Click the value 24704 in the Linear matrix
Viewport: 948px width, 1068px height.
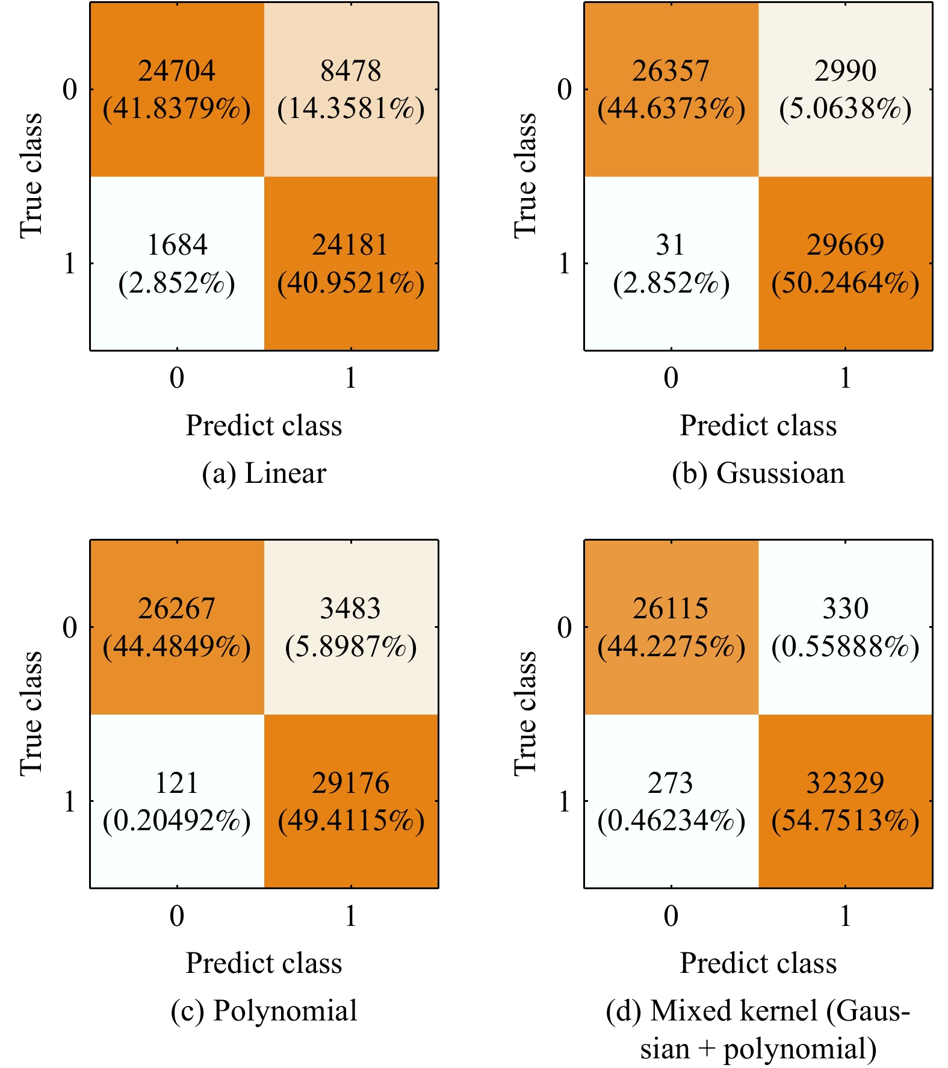pyautogui.click(x=176, y=71)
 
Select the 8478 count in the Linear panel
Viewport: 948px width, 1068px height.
pyautogui.click(x=350, y=71)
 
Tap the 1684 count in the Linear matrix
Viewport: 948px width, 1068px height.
pyautogui.click(x=177, y=245)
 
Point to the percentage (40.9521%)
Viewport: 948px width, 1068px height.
pyautogui.click(x=351, y=283)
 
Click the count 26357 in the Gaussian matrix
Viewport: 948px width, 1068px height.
pyautogui.click(x=671, y=71)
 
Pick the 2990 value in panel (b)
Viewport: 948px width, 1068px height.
pyautogui.click(x=845, y=71)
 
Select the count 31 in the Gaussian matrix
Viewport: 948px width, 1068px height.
pyautogui.click(x=671, y=245)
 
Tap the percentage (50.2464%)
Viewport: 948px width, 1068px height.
pyautogui.click(x=845, y=283)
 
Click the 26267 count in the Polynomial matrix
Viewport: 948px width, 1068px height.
pyautogui.click(x=176, y=609)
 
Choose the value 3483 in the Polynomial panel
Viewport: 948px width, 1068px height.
pyautogui.click(x=350, y=609)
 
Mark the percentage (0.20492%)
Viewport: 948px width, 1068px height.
pyautogui.click(x=176, y=821)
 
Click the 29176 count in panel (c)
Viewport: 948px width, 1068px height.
pyautogui.click(x=351, y=783)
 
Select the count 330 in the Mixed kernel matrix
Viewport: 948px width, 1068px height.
pyautogui.click(x=845, y=609)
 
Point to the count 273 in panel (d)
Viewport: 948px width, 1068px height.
pyautogui.click(x=671, y=783)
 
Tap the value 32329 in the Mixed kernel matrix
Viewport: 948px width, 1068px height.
pyautogui.click(x=845, y=783)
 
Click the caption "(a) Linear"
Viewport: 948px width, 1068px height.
pyautogui.click(x=264, y=473)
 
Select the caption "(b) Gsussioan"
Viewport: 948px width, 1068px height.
pyautogui.click(x=758, y=473)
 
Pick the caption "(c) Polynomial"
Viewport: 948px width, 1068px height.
pyautogui.click(x=264, y=1011)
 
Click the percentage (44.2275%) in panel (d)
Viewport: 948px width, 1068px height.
pyautogui.click(x=671, y=647)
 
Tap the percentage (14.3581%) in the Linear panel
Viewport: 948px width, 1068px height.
pyautogui.click(x=351, y=109)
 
